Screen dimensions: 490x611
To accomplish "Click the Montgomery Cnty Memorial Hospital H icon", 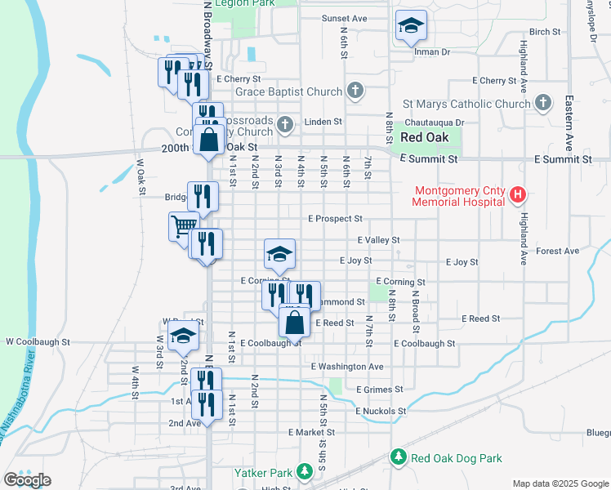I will click(x=516, y=195).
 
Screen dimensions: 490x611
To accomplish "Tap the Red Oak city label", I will click(x=423, y=137).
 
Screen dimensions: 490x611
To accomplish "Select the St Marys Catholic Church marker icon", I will click(x=543, y=103).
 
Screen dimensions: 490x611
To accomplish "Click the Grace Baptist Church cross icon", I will click(x=355, y=91).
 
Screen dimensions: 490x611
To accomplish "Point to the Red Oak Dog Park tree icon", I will click(x=399, y=457).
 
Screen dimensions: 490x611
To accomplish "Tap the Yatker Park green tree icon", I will click(x=304, y=471).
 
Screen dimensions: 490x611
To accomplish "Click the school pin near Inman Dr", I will click(x=410, y=27).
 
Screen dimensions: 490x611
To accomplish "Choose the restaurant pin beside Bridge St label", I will click(x=203, y=196).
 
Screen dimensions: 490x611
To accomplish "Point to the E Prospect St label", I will click(x=335, y=219).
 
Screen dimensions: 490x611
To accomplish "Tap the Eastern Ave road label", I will click(x=569, y=115).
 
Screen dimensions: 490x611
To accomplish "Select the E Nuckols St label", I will click(x=381, y=411).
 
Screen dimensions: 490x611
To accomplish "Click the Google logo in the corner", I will click(x=27, y=479).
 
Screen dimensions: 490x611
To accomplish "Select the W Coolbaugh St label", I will click(x=38, y=341).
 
